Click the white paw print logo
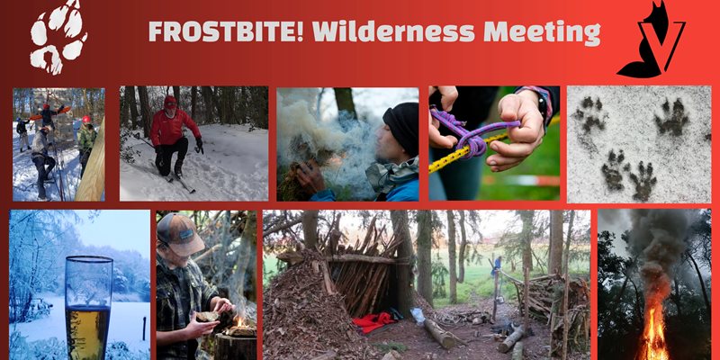tap(58, 36)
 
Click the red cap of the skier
tap(170, 102)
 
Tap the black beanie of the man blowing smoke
tap(401, 126)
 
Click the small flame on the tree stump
tap(238, 320)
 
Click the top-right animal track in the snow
tap(671, 117)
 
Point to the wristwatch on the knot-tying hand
tap(544, 104)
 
